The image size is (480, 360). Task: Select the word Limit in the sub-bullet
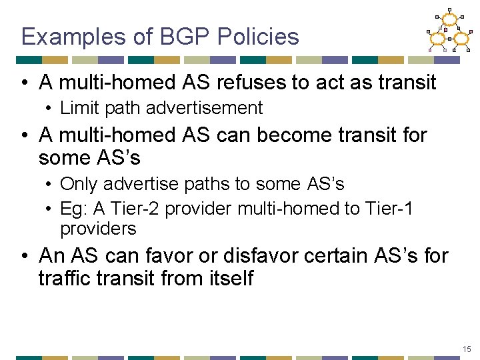pyautogui.click(x=76, y=107)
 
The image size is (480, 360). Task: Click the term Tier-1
pyautogui.click(x=389, y=209)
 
